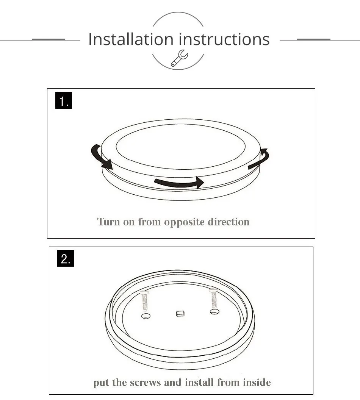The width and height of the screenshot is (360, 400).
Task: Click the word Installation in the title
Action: (x=130, y=39)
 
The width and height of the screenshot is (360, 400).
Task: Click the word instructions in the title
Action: (x=224, y=39)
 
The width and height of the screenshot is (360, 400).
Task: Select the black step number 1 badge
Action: (x=64, y=101)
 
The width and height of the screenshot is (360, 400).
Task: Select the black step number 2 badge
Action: (x=66, y=259)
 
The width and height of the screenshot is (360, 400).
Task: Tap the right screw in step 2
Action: (x=214, y=298)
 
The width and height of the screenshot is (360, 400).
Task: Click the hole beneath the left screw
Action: (x=145, y=316)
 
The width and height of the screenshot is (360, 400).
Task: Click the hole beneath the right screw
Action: (x=214, y=312)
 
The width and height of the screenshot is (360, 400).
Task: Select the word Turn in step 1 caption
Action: (x=108, y=222)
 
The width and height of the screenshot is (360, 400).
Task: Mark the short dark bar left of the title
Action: (x=48, y=39)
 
